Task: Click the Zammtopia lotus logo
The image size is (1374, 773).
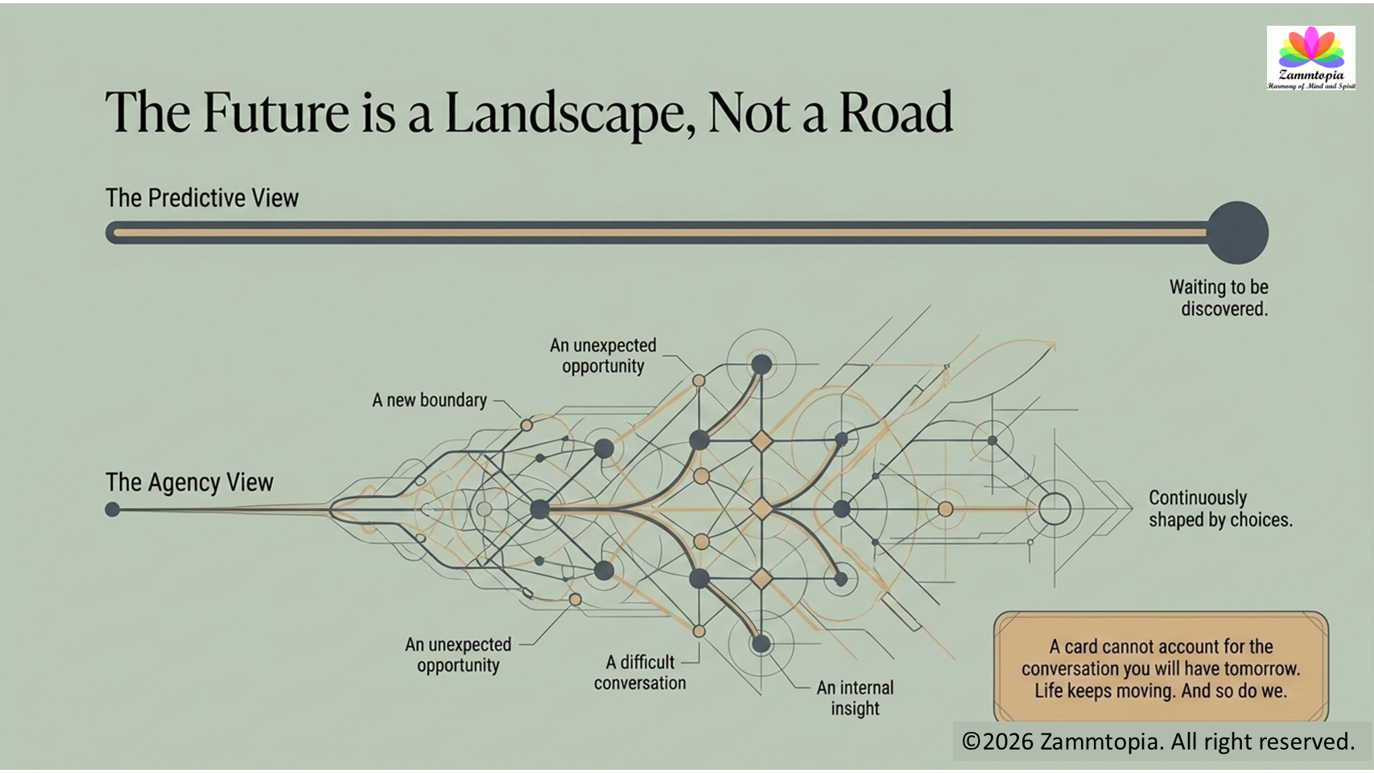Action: point(1311,58)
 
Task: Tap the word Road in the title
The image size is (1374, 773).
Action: point(896,112)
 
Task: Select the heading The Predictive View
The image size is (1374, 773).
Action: point(202,198)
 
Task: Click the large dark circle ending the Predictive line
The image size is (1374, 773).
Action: point(1237,233)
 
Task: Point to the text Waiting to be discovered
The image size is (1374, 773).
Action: point(1219,298)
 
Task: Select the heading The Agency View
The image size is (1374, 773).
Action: point(189,482)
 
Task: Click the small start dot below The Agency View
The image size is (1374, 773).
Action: point(112,509)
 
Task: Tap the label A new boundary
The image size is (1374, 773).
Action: point(429,400)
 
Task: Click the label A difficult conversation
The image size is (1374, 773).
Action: point(640,672)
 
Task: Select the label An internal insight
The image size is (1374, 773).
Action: point(855,697)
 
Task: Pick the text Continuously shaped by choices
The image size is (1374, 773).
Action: point(1220,509)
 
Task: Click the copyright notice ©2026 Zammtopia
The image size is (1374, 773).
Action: point(1158,741)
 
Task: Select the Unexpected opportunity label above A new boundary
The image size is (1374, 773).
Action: point(603,356)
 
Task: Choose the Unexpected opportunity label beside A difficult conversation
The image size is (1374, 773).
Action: point(458,655)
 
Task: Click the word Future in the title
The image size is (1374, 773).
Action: point(275,112)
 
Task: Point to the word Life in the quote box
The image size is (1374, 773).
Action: point(1048,691)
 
